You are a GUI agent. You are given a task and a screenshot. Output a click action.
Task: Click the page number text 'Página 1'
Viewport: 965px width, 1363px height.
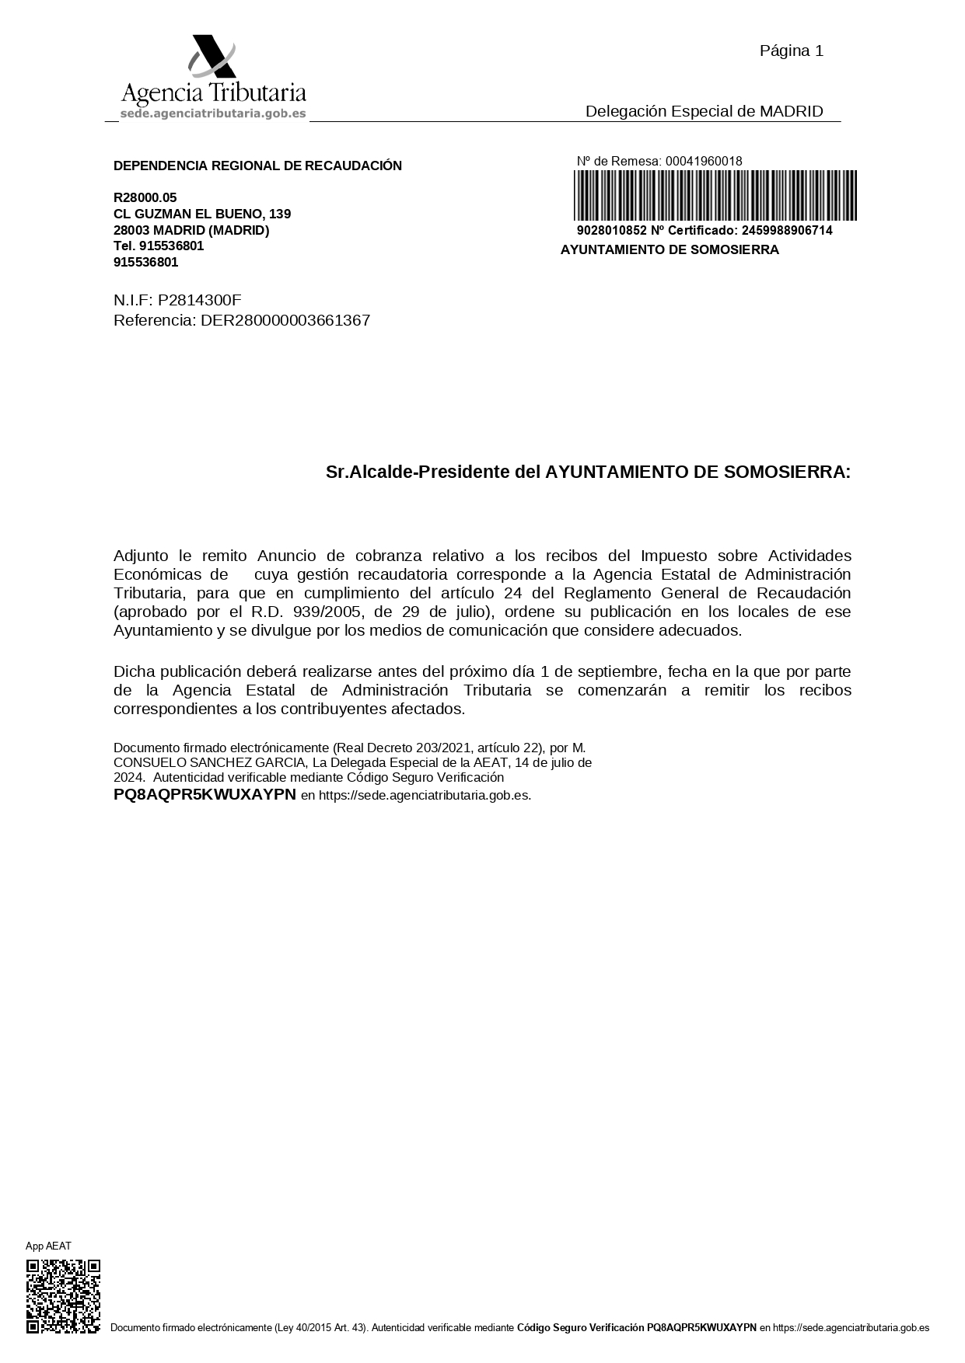(791, 51)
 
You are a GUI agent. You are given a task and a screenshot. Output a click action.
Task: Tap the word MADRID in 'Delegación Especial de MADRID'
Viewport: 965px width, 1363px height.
(791, 111)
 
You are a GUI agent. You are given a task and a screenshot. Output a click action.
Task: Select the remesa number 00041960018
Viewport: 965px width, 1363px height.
(704, 161)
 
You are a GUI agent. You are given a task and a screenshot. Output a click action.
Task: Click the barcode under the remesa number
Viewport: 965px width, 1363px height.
(715, 196)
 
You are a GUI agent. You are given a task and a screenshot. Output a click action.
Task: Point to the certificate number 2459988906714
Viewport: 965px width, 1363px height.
(787, 231)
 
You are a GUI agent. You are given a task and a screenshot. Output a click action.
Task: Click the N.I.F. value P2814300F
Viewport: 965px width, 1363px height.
(200, 300)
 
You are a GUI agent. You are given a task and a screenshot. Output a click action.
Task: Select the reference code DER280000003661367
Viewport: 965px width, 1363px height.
(285, 320)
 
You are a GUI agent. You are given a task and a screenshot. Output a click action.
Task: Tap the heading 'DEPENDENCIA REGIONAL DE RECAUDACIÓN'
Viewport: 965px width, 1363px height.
(257, 166)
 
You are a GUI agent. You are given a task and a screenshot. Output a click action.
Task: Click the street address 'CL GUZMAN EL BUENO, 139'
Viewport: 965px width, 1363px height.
(202, 214)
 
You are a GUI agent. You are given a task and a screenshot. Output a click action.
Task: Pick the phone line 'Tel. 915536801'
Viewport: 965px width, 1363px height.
(159, 246)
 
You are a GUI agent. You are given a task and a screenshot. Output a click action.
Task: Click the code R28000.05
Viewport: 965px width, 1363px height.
(145, 197)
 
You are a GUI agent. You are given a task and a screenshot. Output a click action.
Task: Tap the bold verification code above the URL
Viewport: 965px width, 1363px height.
(205, 794)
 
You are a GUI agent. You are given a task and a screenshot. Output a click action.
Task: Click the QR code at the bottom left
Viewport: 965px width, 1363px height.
(63, 1296)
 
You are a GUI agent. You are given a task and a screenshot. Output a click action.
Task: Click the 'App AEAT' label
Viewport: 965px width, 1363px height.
(48, 1246)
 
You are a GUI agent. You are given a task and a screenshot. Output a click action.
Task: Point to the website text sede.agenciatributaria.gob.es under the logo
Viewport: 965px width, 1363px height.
(213, 113)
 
